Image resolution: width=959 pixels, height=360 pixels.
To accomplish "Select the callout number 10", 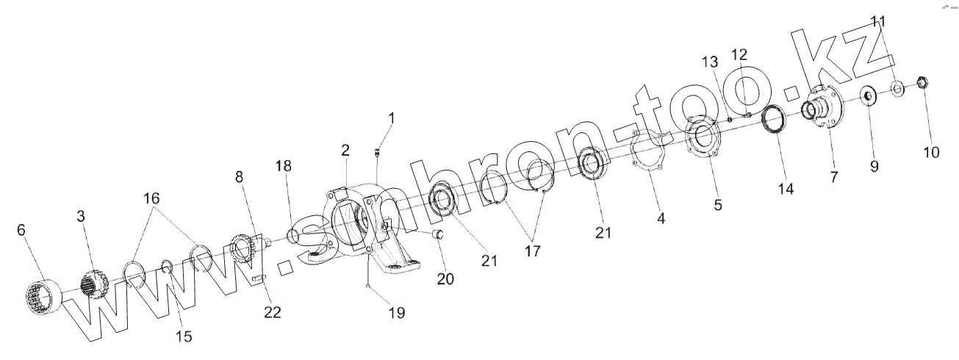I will (931, 152).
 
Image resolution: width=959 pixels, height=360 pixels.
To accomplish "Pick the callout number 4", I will (661, 218).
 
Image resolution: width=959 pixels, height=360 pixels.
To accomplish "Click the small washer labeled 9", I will (868, 96).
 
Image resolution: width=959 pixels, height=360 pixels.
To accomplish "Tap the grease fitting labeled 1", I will (376, 152).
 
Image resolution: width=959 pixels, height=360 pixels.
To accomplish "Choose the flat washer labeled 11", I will (897, 89).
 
